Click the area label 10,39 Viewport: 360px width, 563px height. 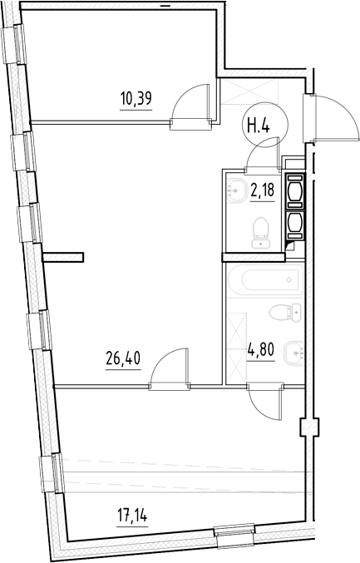(x=136, y=101)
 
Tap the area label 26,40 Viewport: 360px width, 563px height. (x=122, y=362)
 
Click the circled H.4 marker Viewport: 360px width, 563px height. (x=263, y=128)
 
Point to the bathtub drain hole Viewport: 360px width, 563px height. (x=288, y=279)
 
